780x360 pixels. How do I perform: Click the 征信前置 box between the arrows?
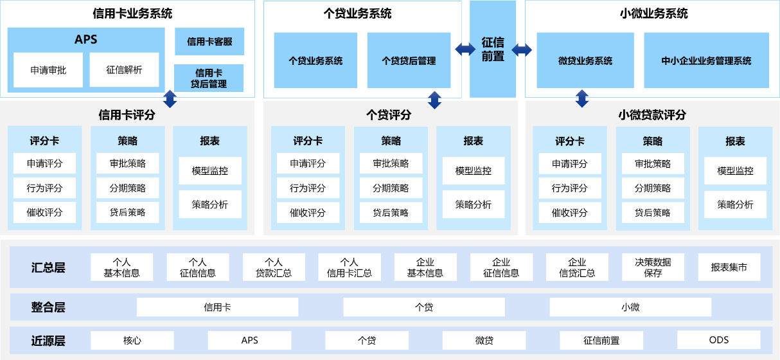(493, 50)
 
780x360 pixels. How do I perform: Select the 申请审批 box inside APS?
(48, 70)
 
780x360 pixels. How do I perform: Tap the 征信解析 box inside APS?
(124, 70)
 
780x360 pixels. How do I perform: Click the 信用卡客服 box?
(209, 42)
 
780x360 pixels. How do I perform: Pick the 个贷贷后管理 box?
(409, 60)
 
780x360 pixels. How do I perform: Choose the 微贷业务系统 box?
(585, 60)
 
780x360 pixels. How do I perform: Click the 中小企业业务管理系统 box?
(706, 60)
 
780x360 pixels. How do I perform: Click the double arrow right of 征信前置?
(522, 50)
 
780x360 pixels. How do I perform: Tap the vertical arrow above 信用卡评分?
(170, 98)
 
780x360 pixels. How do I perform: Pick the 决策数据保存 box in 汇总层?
(653, 267)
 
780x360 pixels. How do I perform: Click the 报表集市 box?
(729, 267)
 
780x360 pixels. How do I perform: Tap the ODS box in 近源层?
(718, 340)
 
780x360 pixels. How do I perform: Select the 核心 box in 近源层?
(132, 340)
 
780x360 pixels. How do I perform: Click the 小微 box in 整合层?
(630, 307)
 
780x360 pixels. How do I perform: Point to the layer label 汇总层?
(48, 267)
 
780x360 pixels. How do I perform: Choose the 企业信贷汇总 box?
(577, 267)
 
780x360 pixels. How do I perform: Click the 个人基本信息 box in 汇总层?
(122, 267)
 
